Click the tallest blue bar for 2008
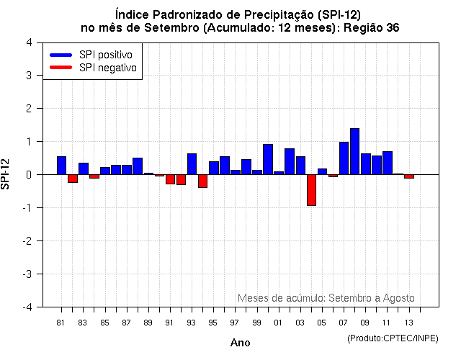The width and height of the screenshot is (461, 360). click(x=354, y=151)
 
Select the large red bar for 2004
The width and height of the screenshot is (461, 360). click(x=311, y=190)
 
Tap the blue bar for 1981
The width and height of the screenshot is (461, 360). click(x=61, y=166)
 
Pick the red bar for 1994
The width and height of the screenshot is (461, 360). click(x=202, y=181)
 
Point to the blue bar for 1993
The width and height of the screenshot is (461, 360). click(x=192, y=164)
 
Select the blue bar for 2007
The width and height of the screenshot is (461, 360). click(x=344, y=158)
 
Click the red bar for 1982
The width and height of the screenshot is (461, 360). click(x=73, y=179)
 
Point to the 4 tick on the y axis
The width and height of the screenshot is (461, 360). click(x=28, y=42)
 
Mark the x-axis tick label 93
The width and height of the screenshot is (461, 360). click(x=191, y=322)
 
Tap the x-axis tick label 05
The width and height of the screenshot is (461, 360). click(x=321, y=322)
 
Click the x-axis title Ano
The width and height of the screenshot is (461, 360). click(x=240, y=343)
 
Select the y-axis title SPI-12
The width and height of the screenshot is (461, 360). click(x=6, y=174)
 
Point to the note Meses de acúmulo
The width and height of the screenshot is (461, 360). click(x=326, y=298)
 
